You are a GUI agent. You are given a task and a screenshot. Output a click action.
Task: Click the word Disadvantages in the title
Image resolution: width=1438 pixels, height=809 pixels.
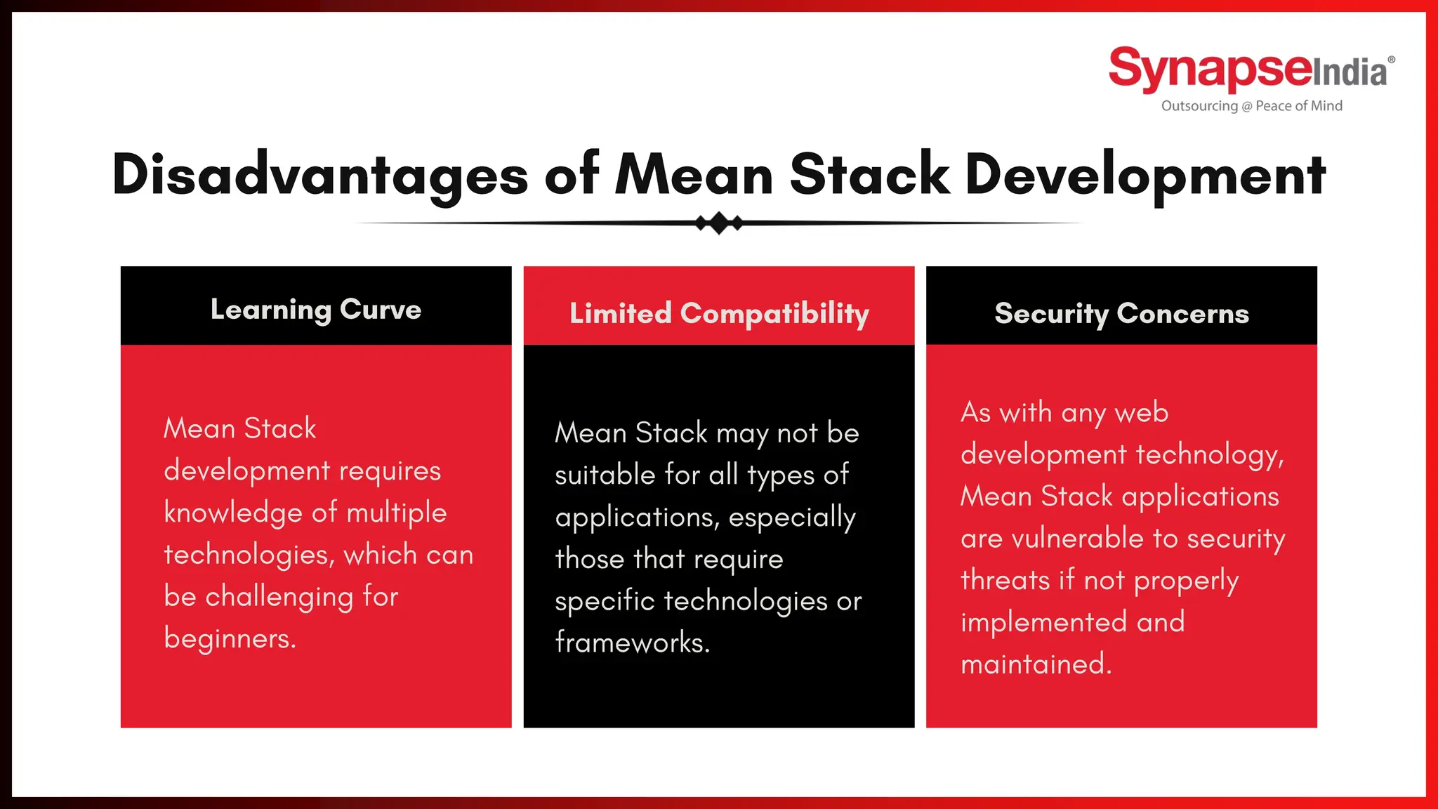(x=319, y=175)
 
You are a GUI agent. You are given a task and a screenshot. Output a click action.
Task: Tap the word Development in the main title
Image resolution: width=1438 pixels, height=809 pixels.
(x=1145, y=175)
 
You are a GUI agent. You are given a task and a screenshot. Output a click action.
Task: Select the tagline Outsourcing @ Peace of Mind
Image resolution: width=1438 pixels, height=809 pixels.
(x=1251, y=106)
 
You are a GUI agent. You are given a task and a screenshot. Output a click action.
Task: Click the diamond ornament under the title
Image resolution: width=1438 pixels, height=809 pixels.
(x=719, y=223)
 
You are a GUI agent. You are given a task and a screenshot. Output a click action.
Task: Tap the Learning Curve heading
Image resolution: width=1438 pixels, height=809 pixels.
(x=316, y=310)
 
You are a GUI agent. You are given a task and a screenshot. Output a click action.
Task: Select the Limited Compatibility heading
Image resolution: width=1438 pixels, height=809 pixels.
(x=719, y=313)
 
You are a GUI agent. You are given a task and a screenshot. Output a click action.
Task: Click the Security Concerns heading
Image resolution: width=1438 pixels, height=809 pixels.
(x=1121, y=313)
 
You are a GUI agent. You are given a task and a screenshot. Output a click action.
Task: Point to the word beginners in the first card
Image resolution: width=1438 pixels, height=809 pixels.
(x=230, y=638)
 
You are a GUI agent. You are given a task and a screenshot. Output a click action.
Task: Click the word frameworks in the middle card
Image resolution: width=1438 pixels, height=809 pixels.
(x=632, y=643)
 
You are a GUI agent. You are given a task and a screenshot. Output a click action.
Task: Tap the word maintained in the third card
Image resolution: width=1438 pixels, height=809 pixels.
(x=1036, y=664)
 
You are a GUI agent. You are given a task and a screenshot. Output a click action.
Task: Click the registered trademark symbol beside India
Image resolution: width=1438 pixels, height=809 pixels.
(x=1391, y=60)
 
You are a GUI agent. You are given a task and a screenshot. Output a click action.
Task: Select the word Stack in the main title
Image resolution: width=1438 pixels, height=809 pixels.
(x=869, y=175)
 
